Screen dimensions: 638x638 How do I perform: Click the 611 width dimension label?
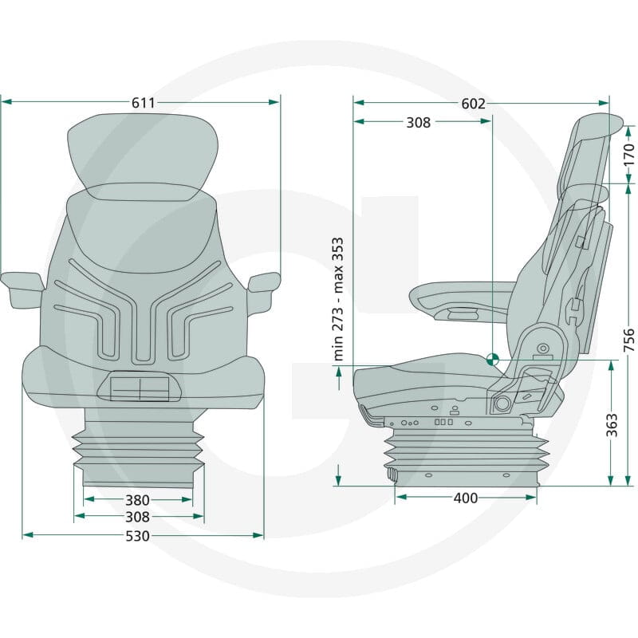tap(144, 103)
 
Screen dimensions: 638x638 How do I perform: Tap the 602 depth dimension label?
tap(473, 104)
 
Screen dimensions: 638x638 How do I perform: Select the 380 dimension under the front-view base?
tap(137, 500)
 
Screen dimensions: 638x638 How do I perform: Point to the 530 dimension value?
tap(137, 536)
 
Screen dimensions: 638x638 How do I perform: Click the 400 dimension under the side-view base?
tap(466, 498)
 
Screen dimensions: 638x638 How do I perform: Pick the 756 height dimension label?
tap(629, 341)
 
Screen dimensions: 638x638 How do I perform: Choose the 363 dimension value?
tap(612, 425)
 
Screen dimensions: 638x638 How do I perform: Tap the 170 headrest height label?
tap(629, 154)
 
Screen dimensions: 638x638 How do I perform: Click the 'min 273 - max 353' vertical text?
tap(338, 299)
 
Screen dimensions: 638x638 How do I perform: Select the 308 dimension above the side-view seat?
tap(418, 123)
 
